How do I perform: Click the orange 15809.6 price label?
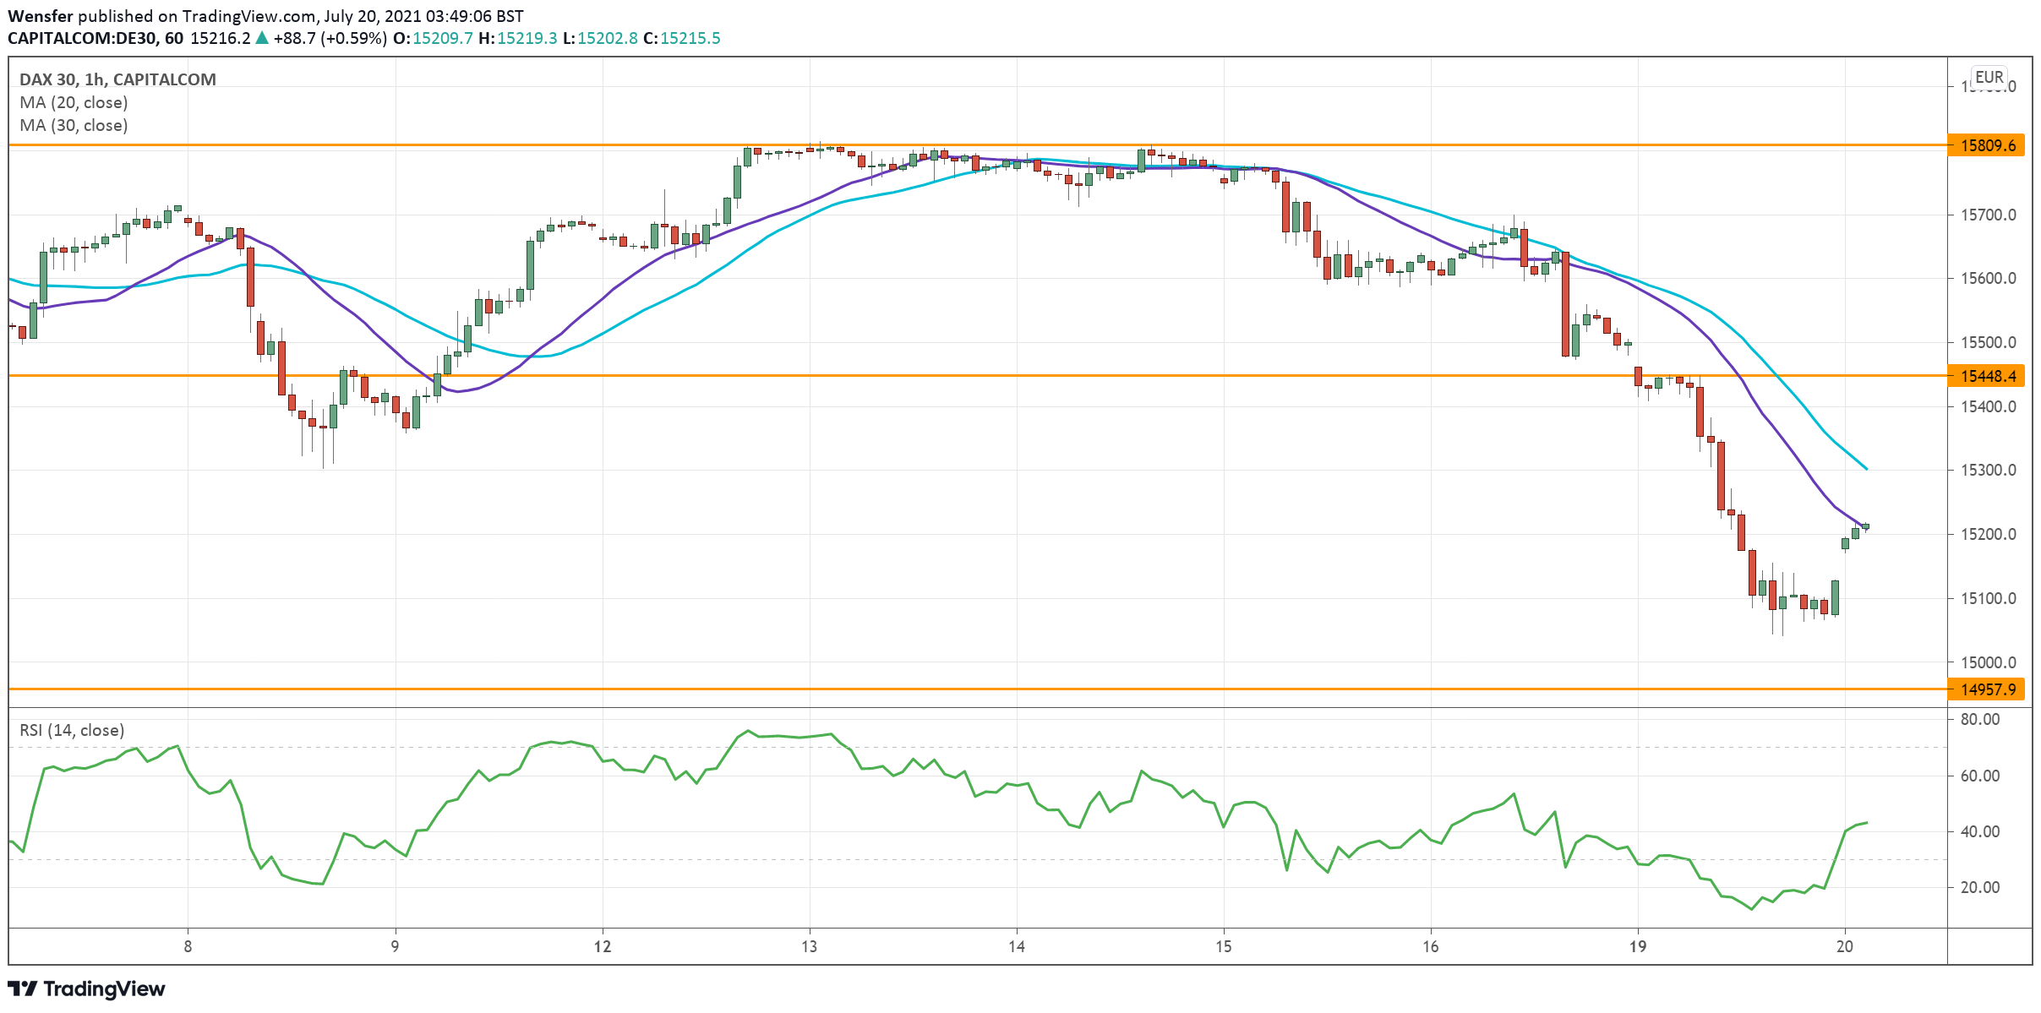(x=1988, y=145)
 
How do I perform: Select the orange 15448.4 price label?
(x=1988, y=376)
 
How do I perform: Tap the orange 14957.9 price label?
(x=1988, y=689)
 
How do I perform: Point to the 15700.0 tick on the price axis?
(x=1988, y=215)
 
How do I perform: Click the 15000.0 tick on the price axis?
(x=1988, y=662)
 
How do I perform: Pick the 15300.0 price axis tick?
(x=1988, y=470)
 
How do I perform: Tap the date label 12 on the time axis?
(x=602, y=946)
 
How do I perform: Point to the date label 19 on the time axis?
(x=1638, y=946)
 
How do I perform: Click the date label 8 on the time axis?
(x=188, y=946)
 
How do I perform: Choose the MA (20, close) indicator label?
(x=74, y=102)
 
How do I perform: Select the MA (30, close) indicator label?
(x=74, y=125)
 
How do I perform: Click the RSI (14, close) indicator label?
(x=72, y=730)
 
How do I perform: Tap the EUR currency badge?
(x=1989, y=77)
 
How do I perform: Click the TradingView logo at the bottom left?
(x=86, y=988)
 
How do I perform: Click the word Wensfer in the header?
(x=41, y=16)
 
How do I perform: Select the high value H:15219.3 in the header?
(x=517, y=38)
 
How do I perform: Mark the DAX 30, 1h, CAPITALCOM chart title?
(x=117, y=79)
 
